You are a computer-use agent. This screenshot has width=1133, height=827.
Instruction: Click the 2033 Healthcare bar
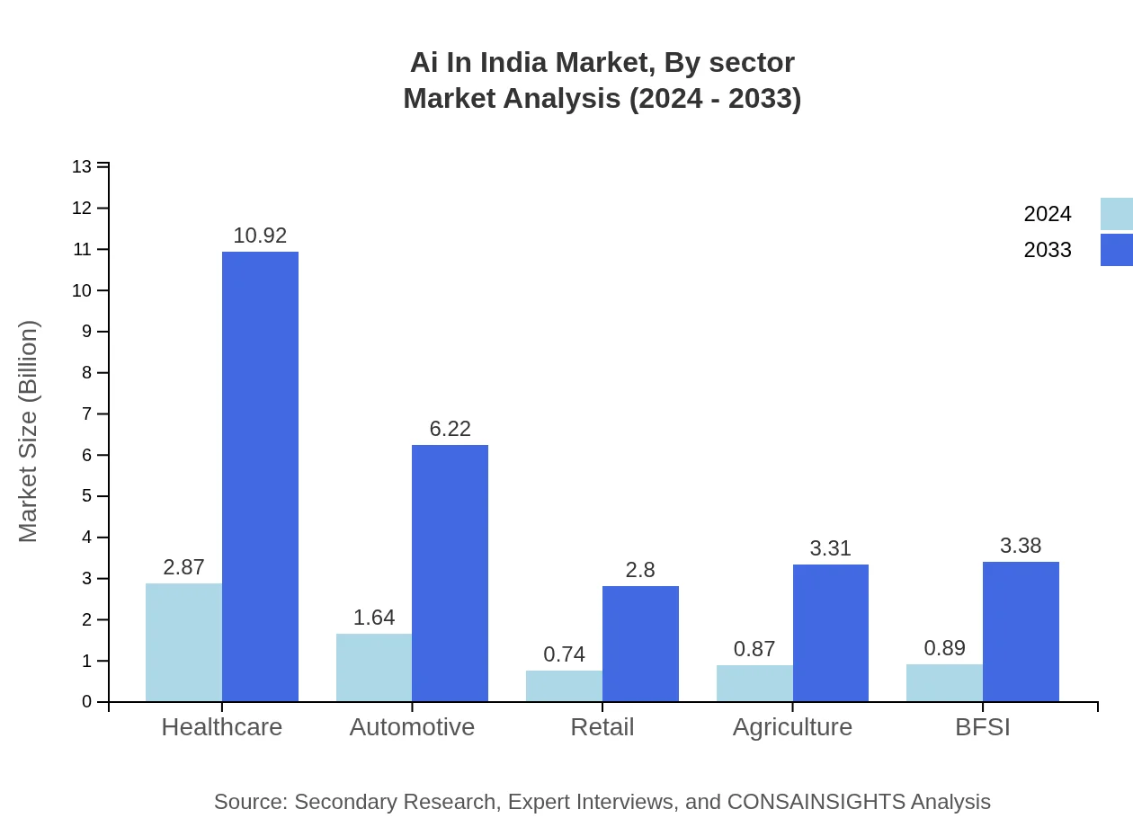point(260,476)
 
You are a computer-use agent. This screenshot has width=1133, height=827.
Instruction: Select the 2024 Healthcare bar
point(183,642)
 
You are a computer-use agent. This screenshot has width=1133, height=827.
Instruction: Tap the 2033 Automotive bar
point(450,573)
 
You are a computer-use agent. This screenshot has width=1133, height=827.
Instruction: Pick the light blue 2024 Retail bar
point(564,686)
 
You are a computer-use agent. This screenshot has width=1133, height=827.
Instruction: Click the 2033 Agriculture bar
point(831,633)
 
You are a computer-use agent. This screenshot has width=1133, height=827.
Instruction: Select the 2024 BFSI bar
point(944,682)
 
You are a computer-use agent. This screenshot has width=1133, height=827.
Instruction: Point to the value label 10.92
point(260,236)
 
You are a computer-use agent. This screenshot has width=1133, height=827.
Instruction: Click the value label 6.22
point(450,429)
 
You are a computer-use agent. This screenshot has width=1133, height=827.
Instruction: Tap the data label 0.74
point(564,654)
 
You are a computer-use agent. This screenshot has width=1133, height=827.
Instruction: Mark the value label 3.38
point(1021,546)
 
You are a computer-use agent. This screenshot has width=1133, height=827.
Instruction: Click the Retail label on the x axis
point(602,727)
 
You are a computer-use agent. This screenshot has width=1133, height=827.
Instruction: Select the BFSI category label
point(982,727)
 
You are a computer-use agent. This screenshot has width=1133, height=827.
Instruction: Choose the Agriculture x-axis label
point(792,727)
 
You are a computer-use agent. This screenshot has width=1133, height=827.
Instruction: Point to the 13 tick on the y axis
point(82,167)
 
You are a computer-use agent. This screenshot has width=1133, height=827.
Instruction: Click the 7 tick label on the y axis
point(86,414)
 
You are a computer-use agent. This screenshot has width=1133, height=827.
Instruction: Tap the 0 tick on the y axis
point(86,702)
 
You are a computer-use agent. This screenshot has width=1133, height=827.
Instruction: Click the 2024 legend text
point(1048,214)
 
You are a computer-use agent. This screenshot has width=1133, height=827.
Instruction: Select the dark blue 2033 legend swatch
point(1116,250)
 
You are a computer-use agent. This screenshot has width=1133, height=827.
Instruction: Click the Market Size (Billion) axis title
point(29,431)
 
